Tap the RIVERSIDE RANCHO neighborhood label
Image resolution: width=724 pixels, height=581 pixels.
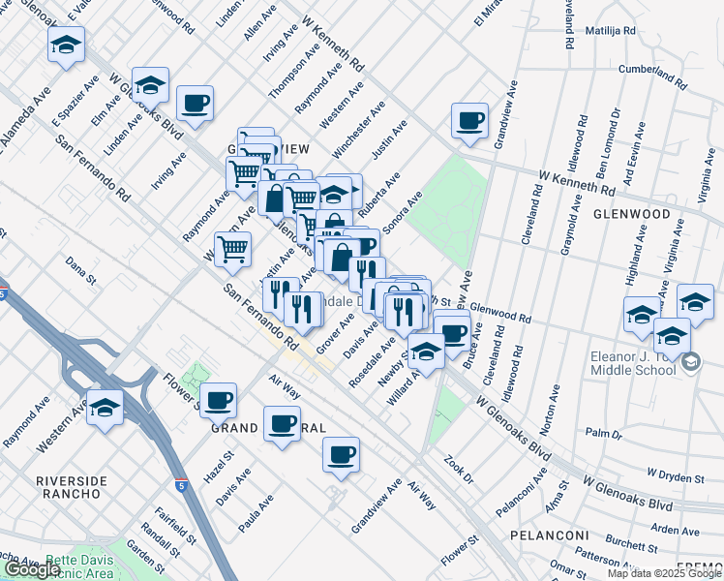tap(69, 487)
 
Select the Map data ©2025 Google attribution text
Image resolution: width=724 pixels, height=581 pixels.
tap(663, 573)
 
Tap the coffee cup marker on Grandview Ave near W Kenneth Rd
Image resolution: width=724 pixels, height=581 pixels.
tap(470, 121)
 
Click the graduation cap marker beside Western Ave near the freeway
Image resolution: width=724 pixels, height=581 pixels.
tap(105, 408)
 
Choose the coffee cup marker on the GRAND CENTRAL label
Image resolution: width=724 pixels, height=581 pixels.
tap(283, 424)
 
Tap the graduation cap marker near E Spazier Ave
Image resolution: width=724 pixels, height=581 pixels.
tap(66, 45)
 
